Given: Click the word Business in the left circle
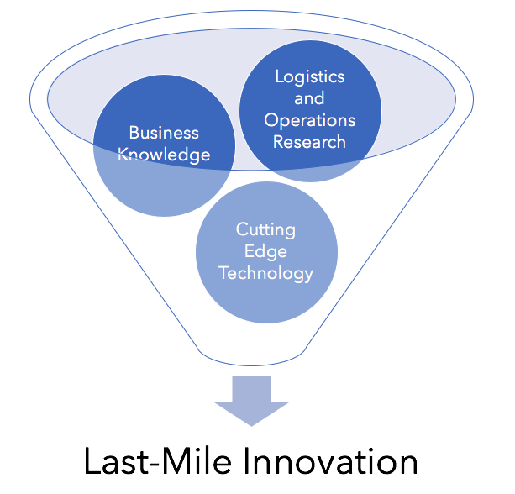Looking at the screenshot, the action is tap(164, 133).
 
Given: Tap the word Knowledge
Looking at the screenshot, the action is tap(164, 155).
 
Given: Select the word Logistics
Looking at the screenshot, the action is tap(310, 77).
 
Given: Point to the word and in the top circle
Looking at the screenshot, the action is tap(309, 98).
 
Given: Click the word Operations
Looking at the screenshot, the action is tap(310, 121).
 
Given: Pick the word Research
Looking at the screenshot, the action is tap(309, 142).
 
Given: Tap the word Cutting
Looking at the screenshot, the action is tap(265, 230).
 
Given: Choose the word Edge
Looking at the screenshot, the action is tap(265, 252).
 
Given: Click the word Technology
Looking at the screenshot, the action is tap(265, 274).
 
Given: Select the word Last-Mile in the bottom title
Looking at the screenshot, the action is tap(158, 461).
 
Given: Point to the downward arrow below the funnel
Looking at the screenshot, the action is tap(251, 401).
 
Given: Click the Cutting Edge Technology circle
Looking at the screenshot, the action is tap(266, 252).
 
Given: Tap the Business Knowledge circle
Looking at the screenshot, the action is tap(164, 184).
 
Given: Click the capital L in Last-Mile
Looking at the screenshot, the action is tap(92, 461).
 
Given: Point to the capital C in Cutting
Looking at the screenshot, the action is tap(243, 229).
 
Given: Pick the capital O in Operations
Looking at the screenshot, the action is tap(271, 120).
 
